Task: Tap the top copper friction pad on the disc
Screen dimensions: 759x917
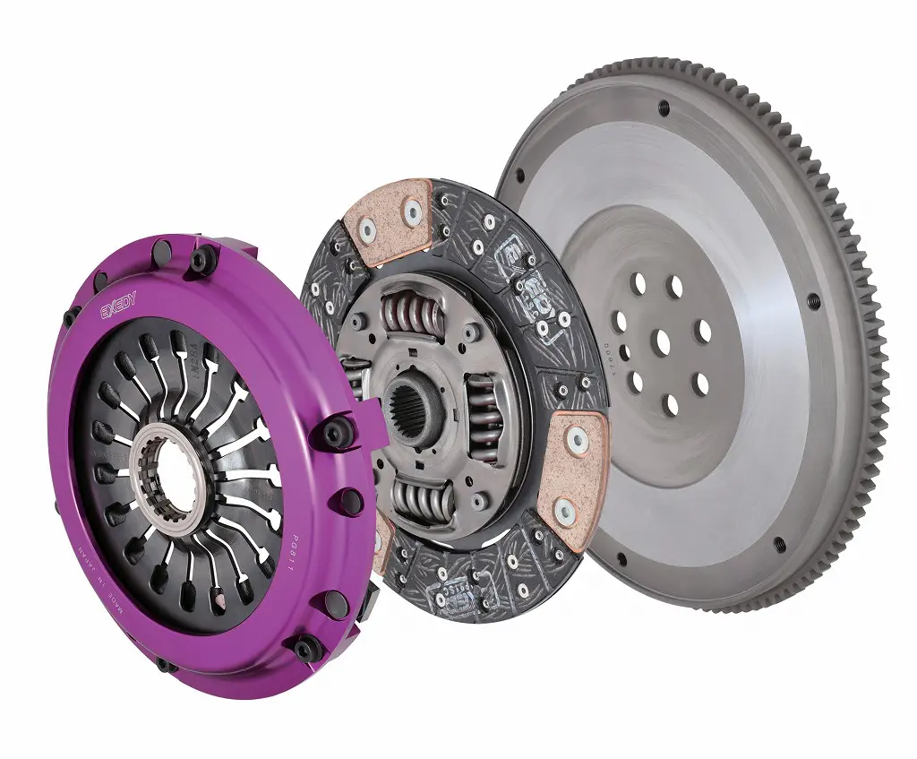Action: coord(389,214)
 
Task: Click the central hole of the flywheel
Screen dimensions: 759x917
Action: coord(663,341)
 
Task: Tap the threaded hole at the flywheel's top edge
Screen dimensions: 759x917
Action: coord(664,108)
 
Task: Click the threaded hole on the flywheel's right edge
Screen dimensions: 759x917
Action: coord(813,301)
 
